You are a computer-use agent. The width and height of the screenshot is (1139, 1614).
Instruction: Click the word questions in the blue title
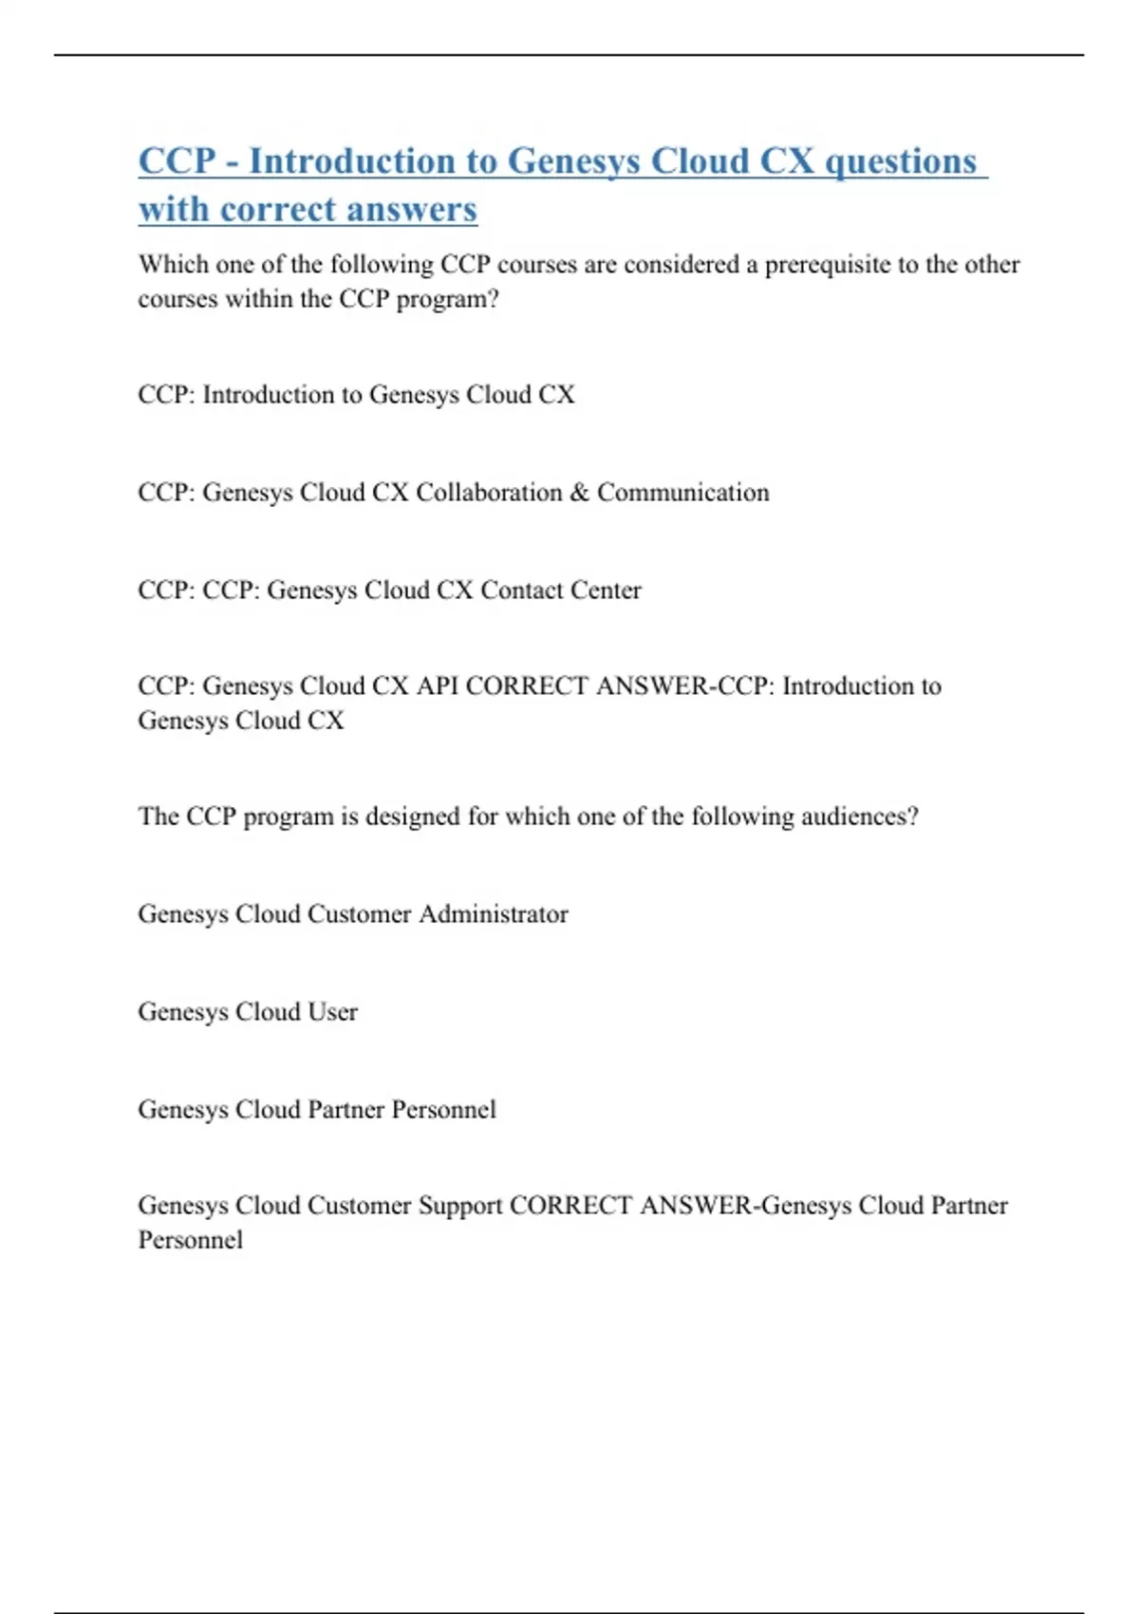tap(900, 161)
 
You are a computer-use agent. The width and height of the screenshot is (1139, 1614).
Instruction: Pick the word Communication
tap(682, 492)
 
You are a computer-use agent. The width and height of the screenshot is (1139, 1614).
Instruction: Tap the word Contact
tap(520, 590)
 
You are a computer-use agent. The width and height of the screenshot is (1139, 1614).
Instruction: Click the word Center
tap(606, 590)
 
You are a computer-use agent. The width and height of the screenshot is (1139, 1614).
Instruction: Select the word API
tap(437, 685)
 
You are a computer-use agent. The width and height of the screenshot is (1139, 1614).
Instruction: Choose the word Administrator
tap(494, 914)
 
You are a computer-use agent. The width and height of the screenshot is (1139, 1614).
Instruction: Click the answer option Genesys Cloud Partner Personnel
tap(317, 1109)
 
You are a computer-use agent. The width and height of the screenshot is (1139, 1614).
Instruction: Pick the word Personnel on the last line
tap(191, 1240)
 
